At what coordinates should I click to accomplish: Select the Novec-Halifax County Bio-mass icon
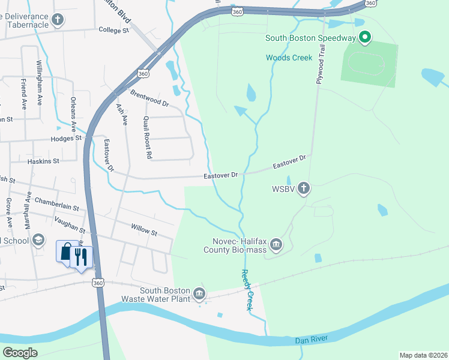tap(276, 244)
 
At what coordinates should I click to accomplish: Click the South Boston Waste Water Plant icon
tap(199, 294)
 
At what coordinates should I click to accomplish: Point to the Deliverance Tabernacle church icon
tap(57, 20)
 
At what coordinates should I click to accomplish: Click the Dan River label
tap(310, 341)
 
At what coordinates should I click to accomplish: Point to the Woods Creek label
tap(289, 58)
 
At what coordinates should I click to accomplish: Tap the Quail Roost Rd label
tap(147, 137)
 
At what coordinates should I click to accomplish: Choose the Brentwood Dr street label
tap(149, 100)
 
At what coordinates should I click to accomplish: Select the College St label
tap(114, 29)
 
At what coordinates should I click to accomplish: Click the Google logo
tap(20, 352)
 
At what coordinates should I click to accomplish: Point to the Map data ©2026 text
tap(423, 355)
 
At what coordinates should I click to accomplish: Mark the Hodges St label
tap(66, 138)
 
